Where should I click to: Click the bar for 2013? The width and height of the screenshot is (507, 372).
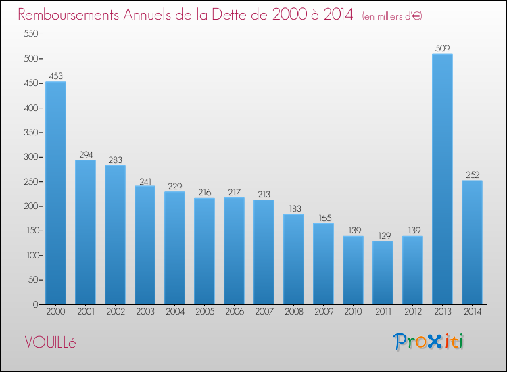pos(442,179)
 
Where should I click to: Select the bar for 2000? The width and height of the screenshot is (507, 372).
pos(55,193)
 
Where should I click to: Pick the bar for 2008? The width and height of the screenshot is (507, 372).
pos(293,259)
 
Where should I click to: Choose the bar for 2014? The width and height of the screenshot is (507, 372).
pos(472,242)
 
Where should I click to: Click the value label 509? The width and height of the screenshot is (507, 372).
pos(442,48)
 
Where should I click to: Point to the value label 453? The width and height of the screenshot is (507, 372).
pos(55,76)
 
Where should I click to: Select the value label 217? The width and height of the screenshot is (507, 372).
pos(234,192)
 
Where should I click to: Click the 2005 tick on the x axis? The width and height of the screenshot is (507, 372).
pos(204,312)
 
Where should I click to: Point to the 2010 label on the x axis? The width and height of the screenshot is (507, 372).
pos(353,312)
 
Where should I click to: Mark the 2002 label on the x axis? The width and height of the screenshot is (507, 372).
pos(115,312)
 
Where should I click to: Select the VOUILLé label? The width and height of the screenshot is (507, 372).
pos(51,342)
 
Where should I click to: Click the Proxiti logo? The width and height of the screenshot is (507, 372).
pos(429,342)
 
